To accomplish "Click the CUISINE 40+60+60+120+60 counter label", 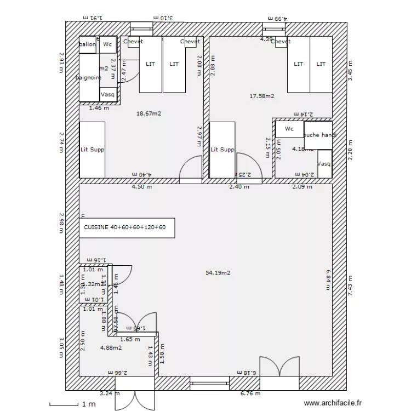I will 125,227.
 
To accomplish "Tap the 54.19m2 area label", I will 218,272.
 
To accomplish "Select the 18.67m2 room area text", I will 148,113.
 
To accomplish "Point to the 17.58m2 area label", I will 262,96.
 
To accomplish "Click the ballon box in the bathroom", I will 88,44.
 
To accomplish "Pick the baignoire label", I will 88,78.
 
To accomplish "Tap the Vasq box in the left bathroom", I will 107,94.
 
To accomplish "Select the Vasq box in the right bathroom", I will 324,164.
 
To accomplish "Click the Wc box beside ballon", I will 107,44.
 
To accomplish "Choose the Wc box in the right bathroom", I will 289,129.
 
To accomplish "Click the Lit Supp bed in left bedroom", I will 92,150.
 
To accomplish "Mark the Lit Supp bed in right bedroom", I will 222,150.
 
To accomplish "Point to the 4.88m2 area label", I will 111,347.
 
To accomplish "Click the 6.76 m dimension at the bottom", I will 250,393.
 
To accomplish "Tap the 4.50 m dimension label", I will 141,186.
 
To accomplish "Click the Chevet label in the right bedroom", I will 281,42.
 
